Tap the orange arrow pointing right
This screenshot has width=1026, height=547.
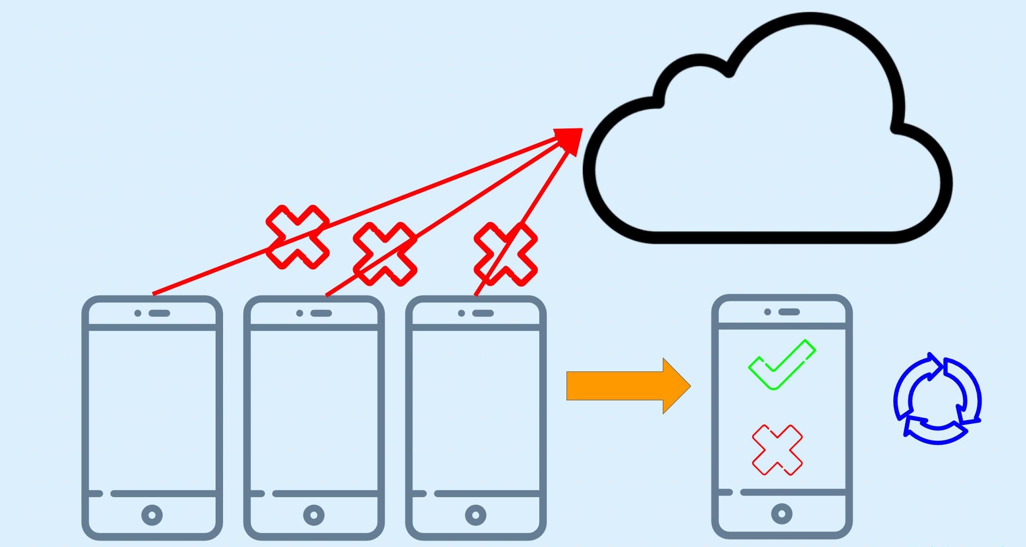626,385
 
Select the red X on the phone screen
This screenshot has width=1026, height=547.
777,450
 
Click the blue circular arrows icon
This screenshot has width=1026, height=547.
937,399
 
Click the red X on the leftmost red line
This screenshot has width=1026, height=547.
297,237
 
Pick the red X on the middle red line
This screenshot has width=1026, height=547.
385,254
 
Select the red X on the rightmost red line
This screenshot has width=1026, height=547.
506,254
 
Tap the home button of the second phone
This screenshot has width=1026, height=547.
314,515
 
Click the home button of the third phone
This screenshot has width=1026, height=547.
476,515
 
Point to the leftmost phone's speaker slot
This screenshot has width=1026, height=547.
159,313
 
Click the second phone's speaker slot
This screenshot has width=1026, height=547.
321,313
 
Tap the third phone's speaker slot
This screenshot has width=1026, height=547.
483,313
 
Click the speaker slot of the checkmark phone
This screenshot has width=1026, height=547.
789,312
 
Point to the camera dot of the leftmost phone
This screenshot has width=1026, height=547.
138,313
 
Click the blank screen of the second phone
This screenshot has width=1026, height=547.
314,409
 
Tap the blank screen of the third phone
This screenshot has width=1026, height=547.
476,409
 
